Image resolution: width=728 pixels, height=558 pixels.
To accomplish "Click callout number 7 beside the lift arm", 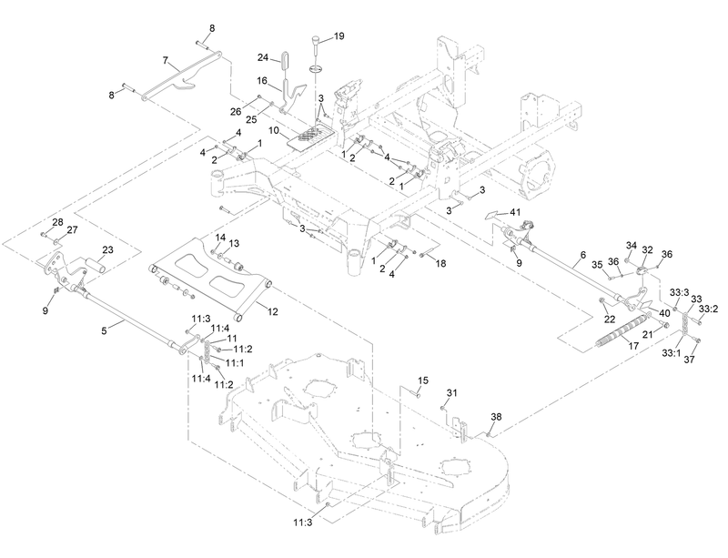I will (x=166, y=60).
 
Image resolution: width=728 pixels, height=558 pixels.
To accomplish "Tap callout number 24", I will (x=263, y=57).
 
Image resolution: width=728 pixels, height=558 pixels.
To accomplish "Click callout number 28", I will (x=57, y=222).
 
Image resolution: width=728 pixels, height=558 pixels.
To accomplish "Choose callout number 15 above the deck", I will (x=422, y=380).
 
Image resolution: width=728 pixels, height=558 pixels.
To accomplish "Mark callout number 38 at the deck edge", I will (x=496, y=417).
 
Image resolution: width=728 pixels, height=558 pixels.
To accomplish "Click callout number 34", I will (x=630, y=246).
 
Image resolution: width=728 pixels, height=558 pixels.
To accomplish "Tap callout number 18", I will (x=441, y=262).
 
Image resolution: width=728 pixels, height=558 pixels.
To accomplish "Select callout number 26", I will (x=237, y=113).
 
